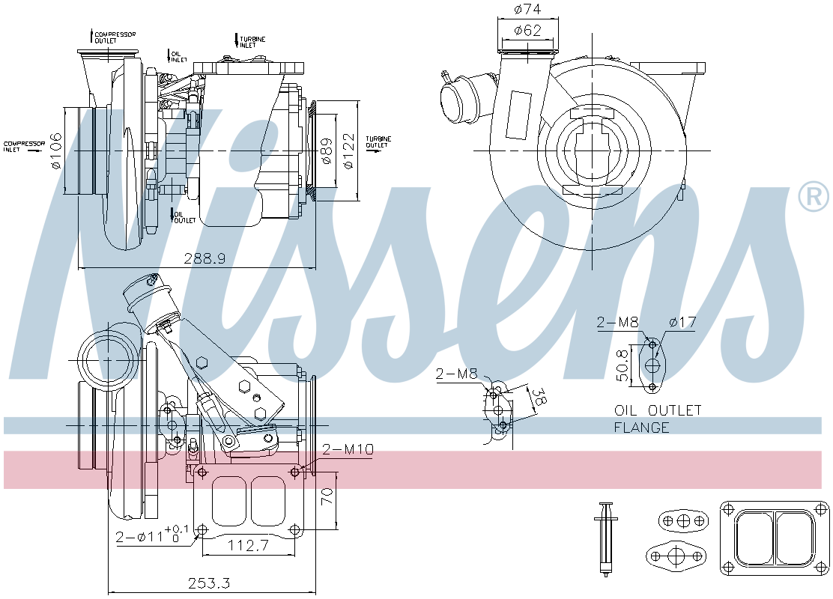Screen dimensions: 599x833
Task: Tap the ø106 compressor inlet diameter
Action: point(54,150)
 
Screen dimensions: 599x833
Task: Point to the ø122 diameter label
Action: point(347,150)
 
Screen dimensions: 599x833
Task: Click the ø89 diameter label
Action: point(326,150)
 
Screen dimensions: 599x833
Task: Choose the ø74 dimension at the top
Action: point(527,10)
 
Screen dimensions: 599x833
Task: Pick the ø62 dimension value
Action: point(527,31)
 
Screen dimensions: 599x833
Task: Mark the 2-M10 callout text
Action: point(348,449)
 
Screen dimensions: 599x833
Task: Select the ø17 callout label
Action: point(682,323)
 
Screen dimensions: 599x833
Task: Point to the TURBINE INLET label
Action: point(252,42)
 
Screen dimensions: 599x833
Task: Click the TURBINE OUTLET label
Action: point(377,142)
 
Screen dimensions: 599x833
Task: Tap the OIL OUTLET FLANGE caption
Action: point(658,419)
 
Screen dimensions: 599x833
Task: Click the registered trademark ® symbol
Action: point(813,197)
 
